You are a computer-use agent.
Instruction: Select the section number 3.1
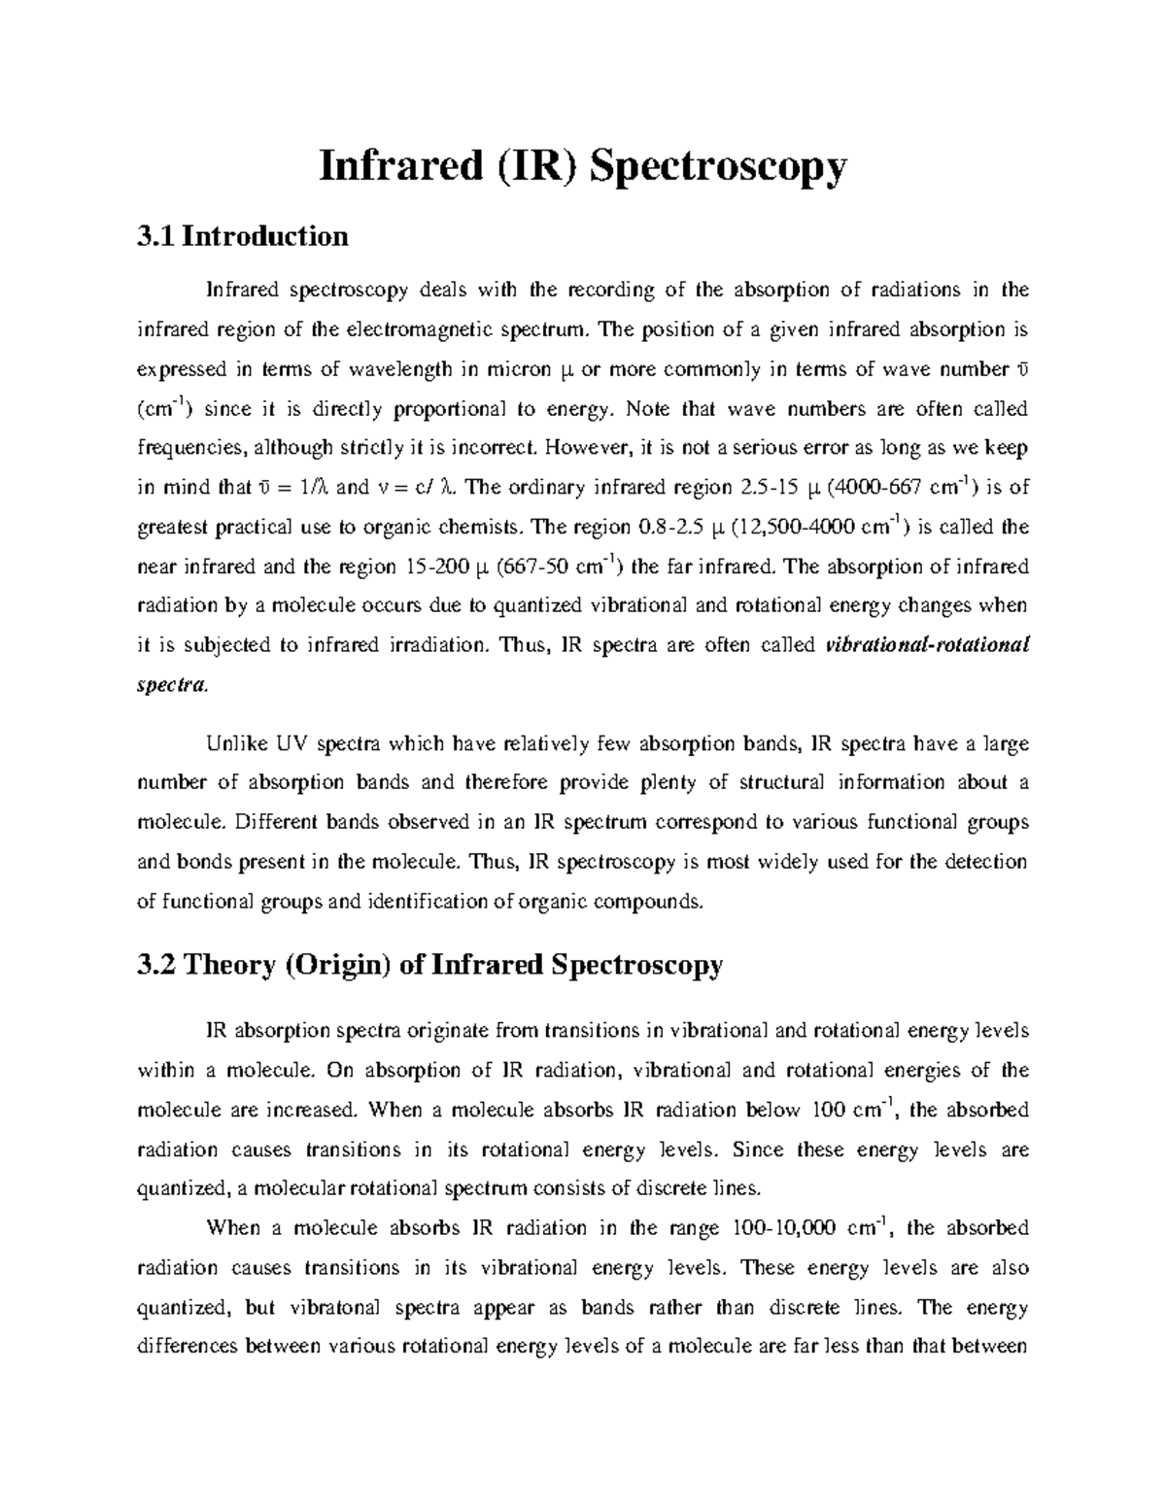pyautogui.click(x=156, y=236)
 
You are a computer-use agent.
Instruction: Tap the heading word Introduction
pyautogui.click(x=264, y=236)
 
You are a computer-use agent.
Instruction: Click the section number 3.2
pyautogui.click(x=156, y=965)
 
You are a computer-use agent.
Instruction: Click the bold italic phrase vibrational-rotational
pyautogui.click(x=925, y=645)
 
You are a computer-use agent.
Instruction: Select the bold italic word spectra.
pyautogui.click(x=171, y=685)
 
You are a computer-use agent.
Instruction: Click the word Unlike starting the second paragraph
pyautogui.click(x=234, y=744)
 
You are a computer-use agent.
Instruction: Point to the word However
pyautogui.click(x=589, y=448)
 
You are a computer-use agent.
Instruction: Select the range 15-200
pyautogui.click(x=443, y=566)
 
